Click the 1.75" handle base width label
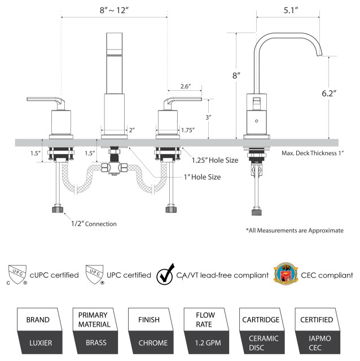coord(188,130)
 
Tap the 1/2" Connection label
coord(94,224)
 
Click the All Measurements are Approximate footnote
coord(294,231)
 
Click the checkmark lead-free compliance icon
coord(165,275)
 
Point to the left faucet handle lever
coord(45,100)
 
